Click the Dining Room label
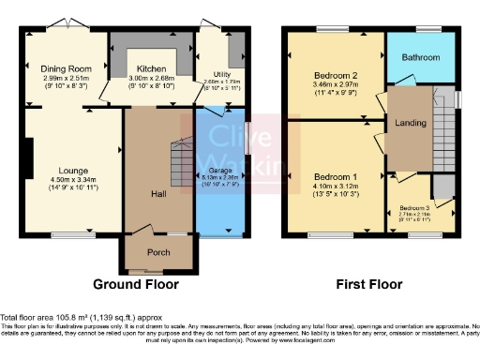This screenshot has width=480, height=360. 66,68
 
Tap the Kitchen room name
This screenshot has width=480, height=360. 151,68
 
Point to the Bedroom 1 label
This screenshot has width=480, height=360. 337,177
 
